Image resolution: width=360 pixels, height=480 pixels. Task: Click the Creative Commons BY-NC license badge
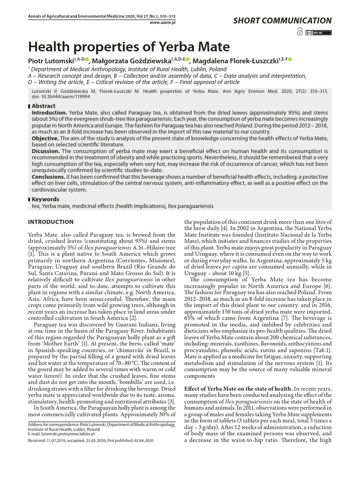point(318,32)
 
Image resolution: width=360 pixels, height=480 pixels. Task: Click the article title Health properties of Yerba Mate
point(129,47)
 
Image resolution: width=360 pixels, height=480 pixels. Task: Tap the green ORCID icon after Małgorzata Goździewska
point(188,60)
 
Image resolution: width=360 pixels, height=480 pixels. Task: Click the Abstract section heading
point(43,106)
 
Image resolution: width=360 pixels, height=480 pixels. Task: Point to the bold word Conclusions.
point(48,177)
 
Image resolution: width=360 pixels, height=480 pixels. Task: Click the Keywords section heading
point(45,199)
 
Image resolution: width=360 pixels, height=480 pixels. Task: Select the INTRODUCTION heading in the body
point(51,222)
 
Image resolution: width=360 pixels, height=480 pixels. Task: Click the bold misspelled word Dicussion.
point(45,151)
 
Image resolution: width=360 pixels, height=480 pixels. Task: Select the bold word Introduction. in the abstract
point(49,113)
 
